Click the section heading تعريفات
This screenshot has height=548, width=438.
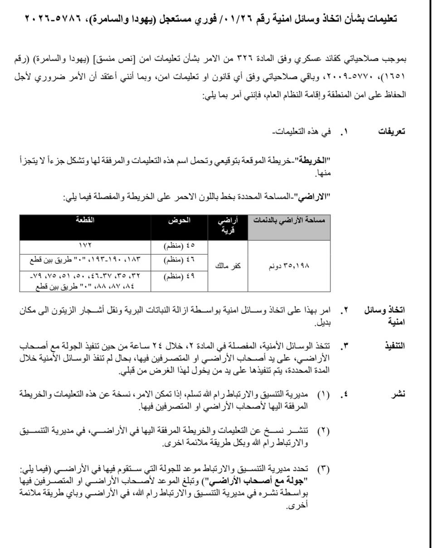tap(392, 132)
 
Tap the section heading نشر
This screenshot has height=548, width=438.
tap(398, 394)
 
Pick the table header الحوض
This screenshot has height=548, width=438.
tap(180, 221)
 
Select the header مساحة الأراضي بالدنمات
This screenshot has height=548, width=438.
tap(289, 221)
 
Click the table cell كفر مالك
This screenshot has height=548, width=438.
tap(228, 266)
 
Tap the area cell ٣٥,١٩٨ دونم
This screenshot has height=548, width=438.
tap(289, 266)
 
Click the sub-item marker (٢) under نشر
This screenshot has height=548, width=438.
tap(323, 431)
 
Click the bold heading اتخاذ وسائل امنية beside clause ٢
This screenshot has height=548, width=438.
tap(384, 316)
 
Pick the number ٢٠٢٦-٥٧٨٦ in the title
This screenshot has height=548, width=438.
tap(49, 19)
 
